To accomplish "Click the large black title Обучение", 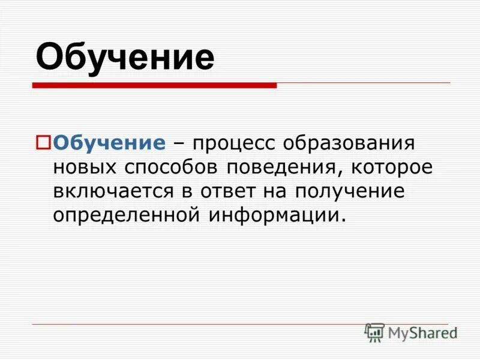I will pyautogui.click(x=125, y=57).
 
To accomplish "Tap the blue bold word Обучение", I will pyautogui.click(x=109, y=143).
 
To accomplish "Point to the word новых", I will pyautogui.click(x=86, y=168).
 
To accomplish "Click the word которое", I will pyautogui.click(x=389, y=168).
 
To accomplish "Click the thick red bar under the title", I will pyautogui.click(x=154, y=86).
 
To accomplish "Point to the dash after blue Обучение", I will pyautogui.click(x=178, y=144).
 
